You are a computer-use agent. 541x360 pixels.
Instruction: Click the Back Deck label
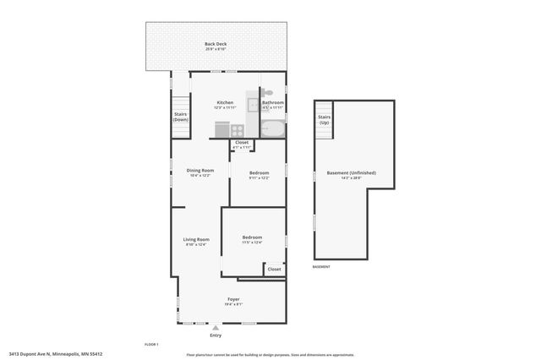215,45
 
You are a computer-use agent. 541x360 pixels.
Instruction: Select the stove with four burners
238,130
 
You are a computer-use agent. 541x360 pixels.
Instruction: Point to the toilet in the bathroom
267,92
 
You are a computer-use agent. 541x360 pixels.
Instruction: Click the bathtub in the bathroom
273,128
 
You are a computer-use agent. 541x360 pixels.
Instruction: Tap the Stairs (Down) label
181,117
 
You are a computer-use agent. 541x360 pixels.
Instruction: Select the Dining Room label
200,172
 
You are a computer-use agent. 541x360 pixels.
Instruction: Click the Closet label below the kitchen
242,143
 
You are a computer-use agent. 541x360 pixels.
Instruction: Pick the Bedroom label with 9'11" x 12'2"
259,174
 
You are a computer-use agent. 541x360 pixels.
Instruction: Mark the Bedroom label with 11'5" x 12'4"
252,238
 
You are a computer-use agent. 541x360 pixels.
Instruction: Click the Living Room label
196,241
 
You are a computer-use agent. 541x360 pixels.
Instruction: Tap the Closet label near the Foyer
274,270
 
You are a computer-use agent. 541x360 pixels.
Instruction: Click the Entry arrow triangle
216,326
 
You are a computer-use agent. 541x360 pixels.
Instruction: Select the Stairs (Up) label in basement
324,120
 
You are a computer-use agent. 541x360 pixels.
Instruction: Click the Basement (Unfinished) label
351,174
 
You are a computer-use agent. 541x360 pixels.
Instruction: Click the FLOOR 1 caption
151,344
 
